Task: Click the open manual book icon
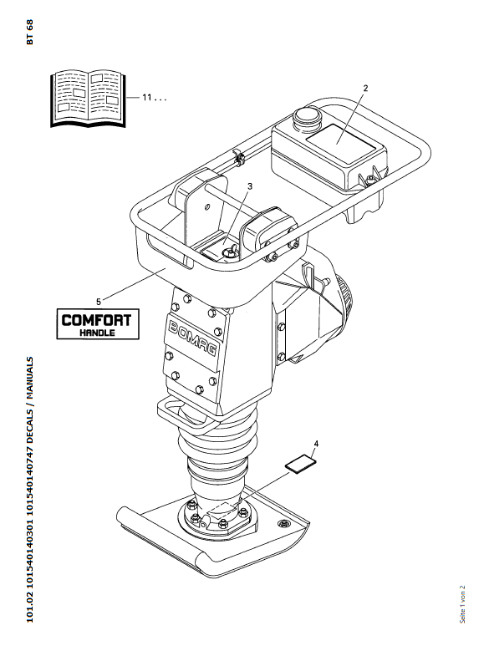pyautogui.click(x=88, y=99)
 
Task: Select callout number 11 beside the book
pyautogui.click(x=146, y=98)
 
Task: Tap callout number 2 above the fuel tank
pyautogui.click(x=365, y=89)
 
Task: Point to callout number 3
pyautogui.click(x=250, y=186)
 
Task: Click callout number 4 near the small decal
pyautogui.click(x=316, y=444)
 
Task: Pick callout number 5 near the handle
pyautogui.click(x=99, y=301)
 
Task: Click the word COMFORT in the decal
pyautogui.click(x=97, y=320)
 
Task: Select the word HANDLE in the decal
pyautogui.click(x=97, y=333)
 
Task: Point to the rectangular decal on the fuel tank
pyautogui.click(x=341, y=143)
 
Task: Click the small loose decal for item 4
pyautogui.click(x=301, y=465)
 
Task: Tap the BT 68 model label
pyautogui.click(x=29, y=32)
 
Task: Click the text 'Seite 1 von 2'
pyautogui.click(x=462, y=604)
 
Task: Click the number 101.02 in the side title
pyautogui.click(x=29, y=609)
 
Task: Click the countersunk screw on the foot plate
pyautogui.click(x=284, y=523)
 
